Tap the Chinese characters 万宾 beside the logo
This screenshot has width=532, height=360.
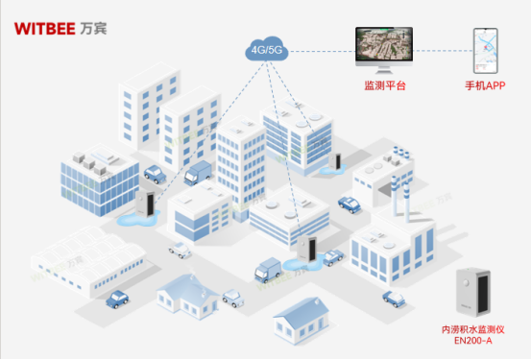[96, 27]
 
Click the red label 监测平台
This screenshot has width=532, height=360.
[384, 85]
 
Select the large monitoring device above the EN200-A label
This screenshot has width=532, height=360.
[476, 292]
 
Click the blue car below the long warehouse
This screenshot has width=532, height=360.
[117, 300]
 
